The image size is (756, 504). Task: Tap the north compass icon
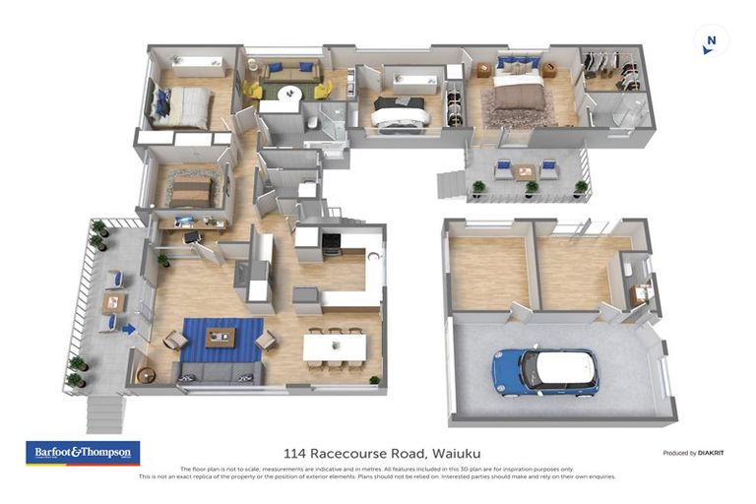pos(711,41)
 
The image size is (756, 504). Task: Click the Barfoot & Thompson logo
pos(82,453)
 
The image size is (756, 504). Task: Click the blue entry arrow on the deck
pos(128,330)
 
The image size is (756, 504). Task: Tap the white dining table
pos(334,346)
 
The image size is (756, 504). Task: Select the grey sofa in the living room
pos(216,372)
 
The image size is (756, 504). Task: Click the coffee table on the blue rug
pos(220,337)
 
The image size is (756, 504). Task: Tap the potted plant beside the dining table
pos(374,380)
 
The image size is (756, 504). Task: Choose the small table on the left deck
pos(113,301)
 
